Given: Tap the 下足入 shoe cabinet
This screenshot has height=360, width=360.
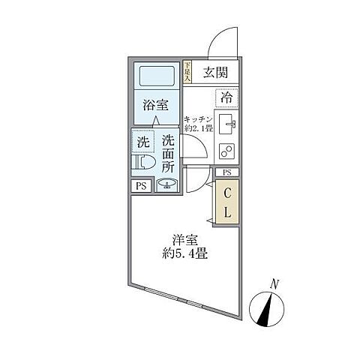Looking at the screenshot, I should (187, 71).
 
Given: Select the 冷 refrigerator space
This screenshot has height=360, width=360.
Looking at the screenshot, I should (226, 97).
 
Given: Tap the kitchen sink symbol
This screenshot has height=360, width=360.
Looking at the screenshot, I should (227, 123).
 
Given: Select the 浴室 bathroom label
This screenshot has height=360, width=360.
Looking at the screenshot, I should (156, 106).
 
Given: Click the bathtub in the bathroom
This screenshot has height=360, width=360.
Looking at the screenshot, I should (156, 76).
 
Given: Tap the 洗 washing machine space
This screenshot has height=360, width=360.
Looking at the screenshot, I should (142, 141).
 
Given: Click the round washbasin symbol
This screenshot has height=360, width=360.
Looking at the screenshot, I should (167, 186).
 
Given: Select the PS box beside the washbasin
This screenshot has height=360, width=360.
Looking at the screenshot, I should (140, 187).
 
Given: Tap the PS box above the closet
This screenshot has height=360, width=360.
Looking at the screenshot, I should (227, 172).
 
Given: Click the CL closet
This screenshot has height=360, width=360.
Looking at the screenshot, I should (228, 201).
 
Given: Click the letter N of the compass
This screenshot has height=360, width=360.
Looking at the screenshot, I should (275, 283).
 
